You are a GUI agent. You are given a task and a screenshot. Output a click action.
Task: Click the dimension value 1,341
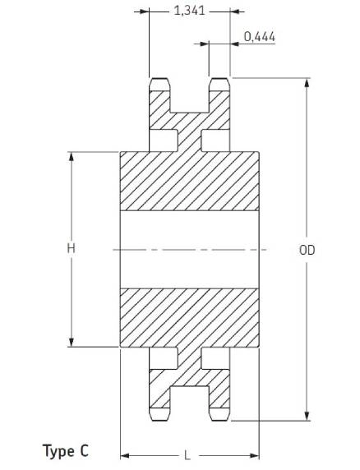(x=189, y=11)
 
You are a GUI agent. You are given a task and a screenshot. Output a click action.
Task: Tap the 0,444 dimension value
(x=260, y=37)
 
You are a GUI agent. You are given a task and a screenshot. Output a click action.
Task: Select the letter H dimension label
(x=71, y=248)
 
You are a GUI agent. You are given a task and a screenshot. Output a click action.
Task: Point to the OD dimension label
(x=307, y=250)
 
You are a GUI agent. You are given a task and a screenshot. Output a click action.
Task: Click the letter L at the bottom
(x=187, y=455)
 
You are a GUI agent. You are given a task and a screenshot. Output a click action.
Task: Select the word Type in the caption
(x=58, y=451)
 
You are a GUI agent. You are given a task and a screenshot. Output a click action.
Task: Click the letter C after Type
(x=85, y=450)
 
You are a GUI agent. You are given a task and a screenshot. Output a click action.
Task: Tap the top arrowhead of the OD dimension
(x=307, y=83)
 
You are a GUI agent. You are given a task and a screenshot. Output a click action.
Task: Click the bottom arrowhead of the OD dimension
(x=307, y=416)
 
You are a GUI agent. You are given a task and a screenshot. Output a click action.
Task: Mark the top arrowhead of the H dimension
(x=72, y=157)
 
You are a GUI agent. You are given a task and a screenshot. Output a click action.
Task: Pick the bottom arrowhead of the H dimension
(x=72, y=342)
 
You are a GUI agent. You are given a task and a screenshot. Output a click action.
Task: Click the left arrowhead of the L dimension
(x=125, y=456)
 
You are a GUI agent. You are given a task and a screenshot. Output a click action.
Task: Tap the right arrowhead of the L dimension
(x=254, y=456)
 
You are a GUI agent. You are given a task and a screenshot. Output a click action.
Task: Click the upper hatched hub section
(x=189, y=182)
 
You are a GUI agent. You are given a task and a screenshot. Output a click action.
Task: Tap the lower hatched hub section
(x=189, y=318)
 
